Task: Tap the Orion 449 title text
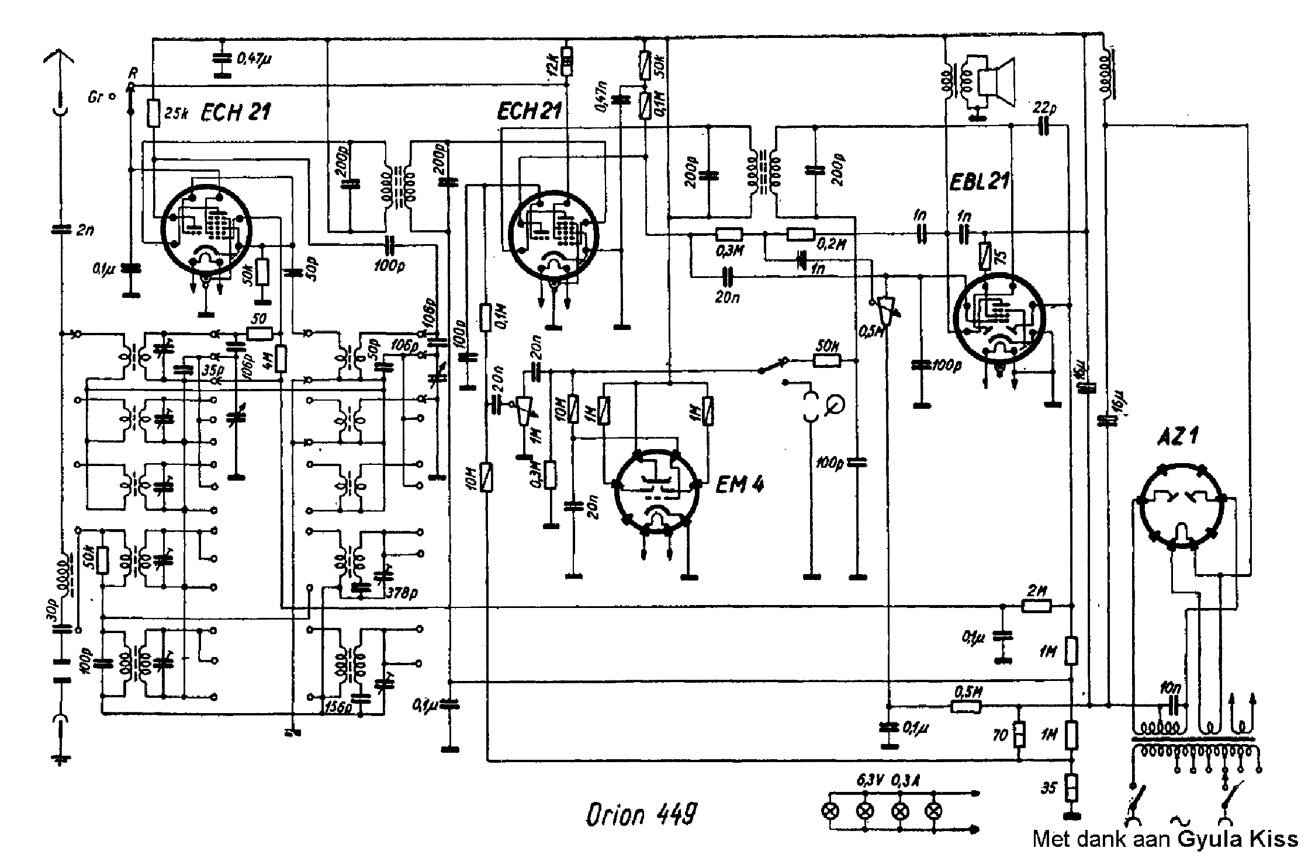coord(641,815)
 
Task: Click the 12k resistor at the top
coord(566,62)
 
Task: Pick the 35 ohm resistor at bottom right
coord(1071,788)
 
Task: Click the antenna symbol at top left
coord(59,58)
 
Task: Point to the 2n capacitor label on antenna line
coord(85,230)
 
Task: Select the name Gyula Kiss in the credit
coord(1237,839)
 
